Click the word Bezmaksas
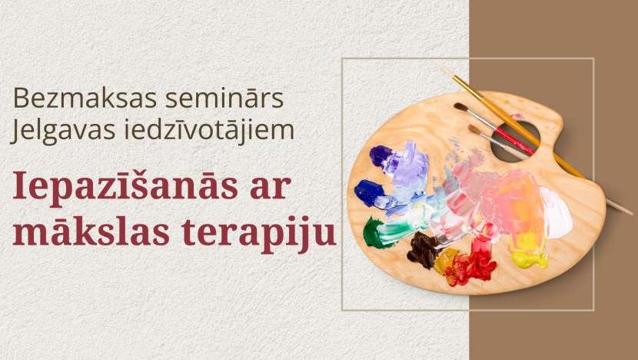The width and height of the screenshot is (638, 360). point(85,98)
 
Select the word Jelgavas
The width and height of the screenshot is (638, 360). point(62,130)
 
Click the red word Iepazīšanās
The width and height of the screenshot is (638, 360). point(125,186)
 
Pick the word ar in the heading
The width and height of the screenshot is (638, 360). point(271,188)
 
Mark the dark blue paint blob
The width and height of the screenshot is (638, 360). point(369,192)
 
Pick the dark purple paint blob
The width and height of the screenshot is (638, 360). point(380,155)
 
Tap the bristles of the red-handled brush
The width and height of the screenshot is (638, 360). point(461,107)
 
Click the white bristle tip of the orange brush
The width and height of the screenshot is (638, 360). point(447,72)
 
